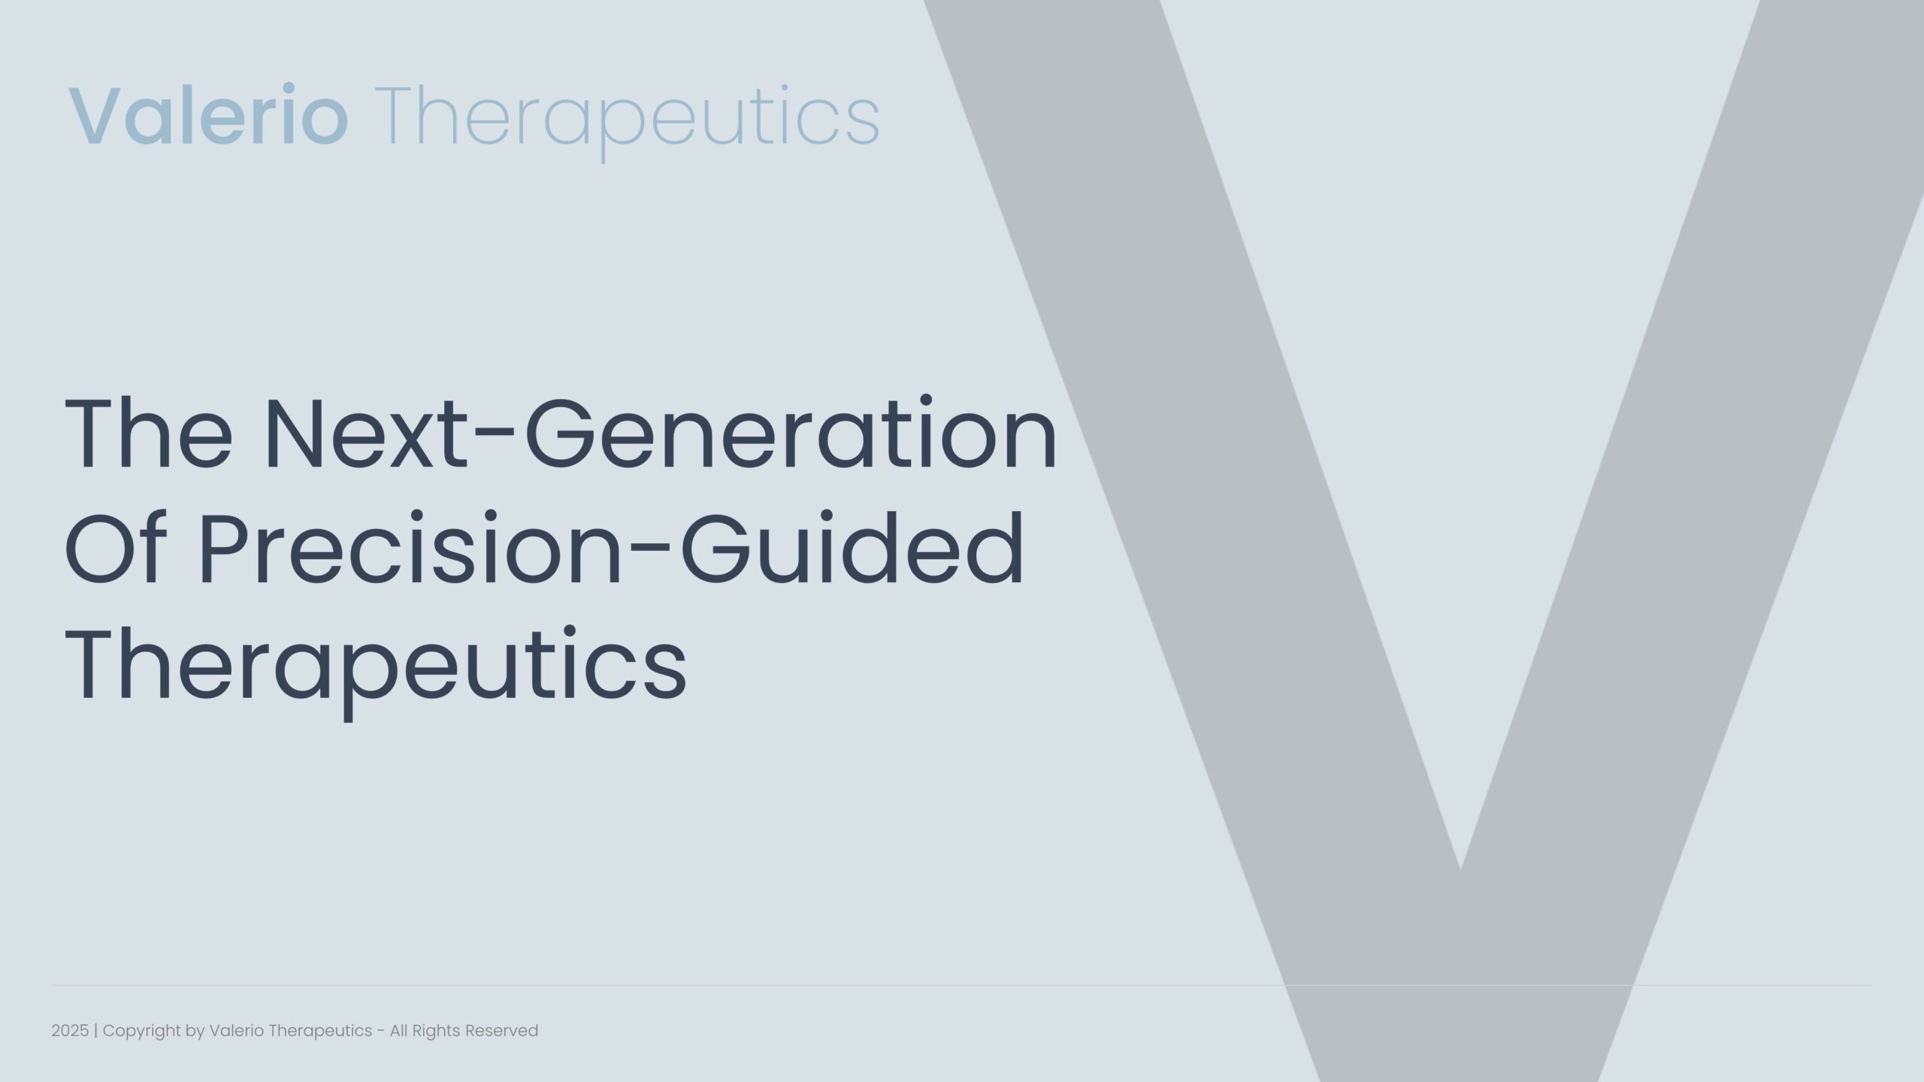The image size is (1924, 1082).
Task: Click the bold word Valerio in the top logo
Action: [208, 116]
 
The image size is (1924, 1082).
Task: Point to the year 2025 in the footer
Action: [70, 1031]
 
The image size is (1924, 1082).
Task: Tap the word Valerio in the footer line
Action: [237, 1031]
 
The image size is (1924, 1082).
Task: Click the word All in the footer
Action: [398, 1031]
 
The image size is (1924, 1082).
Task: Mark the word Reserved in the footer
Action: [502, 1031]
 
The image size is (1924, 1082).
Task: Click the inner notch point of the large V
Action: [1460, 870]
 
